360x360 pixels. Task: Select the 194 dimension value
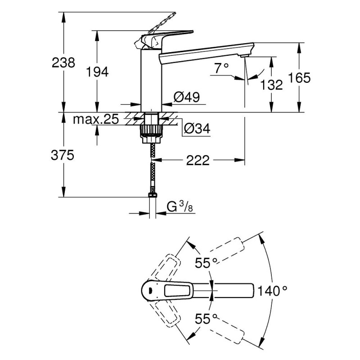(x=98, y=72)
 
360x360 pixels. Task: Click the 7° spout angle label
(x=221, y=68)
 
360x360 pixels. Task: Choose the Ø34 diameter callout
(x=197, y=129)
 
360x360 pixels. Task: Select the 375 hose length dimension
(x=62, y=156)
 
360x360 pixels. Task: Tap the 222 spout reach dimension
(x=198, y=160)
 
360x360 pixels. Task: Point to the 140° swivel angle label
(x=272, y=290)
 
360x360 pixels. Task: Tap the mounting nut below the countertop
(x=151, y=131)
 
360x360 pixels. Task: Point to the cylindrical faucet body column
(x=151, y=79)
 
